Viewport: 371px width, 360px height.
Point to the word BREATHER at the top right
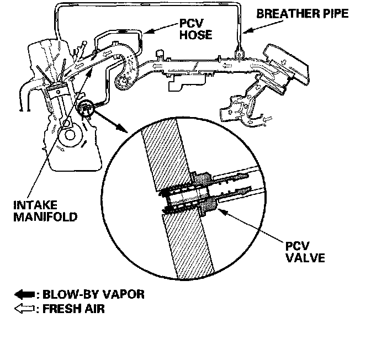(x=282, y=13)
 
